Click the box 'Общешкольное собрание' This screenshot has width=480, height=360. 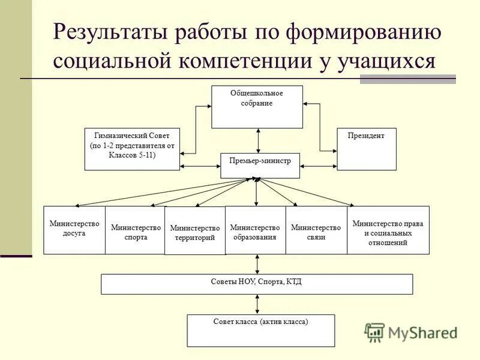click(257, 106)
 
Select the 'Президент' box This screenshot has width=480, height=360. click(366, 149)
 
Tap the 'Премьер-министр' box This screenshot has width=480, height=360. click(260, 165)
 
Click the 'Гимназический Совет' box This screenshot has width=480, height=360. click(132, 149)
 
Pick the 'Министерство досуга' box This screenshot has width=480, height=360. click(74, 230)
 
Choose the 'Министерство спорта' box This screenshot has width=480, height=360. click(136, 230)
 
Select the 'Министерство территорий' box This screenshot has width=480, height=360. click(195, 231)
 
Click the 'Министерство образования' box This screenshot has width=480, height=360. click(255, 230)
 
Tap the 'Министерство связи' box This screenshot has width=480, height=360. click(316, 230)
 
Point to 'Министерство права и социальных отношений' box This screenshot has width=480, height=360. click(388, 230)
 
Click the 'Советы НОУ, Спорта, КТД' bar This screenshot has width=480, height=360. click(257, 284)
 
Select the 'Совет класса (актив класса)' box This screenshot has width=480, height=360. click(260, 330)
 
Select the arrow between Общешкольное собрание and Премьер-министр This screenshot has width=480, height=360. click(258, 140)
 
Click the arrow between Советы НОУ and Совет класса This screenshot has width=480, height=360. click(258, 304)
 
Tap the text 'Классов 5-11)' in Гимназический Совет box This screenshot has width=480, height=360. click(132, 154)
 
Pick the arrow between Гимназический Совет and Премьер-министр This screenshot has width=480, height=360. click(200, 165)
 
